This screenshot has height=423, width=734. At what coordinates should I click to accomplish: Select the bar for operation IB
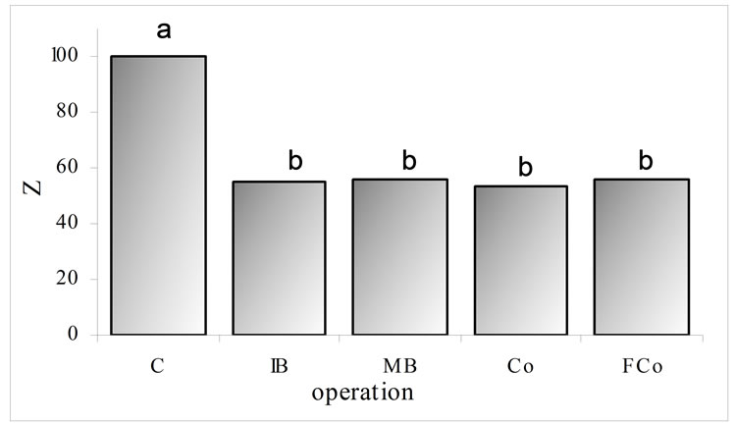279,257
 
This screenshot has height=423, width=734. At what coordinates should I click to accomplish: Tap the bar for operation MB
400,256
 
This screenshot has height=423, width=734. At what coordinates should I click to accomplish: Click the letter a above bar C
164,29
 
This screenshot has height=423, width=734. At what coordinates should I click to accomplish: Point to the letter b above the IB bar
295,160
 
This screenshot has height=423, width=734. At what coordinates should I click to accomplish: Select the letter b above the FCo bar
645,159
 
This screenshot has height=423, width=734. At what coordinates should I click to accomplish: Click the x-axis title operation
362,395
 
